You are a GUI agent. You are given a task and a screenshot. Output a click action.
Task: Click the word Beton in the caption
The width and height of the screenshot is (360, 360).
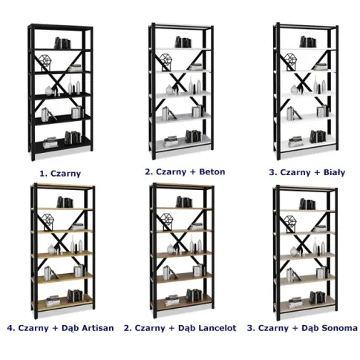[x=212, y=171]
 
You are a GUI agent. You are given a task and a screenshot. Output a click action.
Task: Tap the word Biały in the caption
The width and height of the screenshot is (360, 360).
[x=334, y=172]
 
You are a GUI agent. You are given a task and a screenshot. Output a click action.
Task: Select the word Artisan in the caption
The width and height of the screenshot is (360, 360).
[x=98, y=328]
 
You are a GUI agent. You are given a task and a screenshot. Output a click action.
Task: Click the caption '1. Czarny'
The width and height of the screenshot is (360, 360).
[x=60, y=174]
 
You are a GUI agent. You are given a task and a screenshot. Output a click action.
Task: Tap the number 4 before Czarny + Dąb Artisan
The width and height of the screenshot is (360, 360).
[x=10, y=328]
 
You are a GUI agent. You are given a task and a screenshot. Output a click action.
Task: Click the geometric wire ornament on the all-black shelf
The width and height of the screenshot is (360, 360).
[x=45, y=63]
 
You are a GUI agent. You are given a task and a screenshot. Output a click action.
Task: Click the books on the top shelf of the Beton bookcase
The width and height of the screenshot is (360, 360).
[x=183, y=42]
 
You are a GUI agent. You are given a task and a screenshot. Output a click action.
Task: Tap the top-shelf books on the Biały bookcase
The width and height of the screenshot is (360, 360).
[x=308, y=42]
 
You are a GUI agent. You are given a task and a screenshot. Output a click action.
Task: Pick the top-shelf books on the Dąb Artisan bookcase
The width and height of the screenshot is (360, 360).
[x=65, y=202]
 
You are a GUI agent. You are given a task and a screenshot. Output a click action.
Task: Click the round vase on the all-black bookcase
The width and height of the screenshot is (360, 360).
[x=49, y=91]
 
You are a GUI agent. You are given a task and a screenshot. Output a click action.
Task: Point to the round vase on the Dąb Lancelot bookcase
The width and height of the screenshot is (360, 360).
[x=170, y=249]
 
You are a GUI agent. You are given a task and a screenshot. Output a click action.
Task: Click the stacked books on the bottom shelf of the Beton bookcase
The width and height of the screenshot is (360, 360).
[x=171, y=142]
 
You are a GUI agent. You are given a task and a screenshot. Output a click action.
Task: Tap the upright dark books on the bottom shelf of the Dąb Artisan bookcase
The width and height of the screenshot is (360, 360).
[x=75, y=296]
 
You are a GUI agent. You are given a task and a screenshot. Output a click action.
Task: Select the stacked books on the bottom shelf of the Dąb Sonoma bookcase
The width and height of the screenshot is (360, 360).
[x=295, y=303]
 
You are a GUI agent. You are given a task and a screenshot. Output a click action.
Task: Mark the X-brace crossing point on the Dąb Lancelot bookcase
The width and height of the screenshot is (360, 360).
[x=181, y=240]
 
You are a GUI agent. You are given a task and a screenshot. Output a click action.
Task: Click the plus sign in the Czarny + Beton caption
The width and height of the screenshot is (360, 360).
[x=193, y=172]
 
